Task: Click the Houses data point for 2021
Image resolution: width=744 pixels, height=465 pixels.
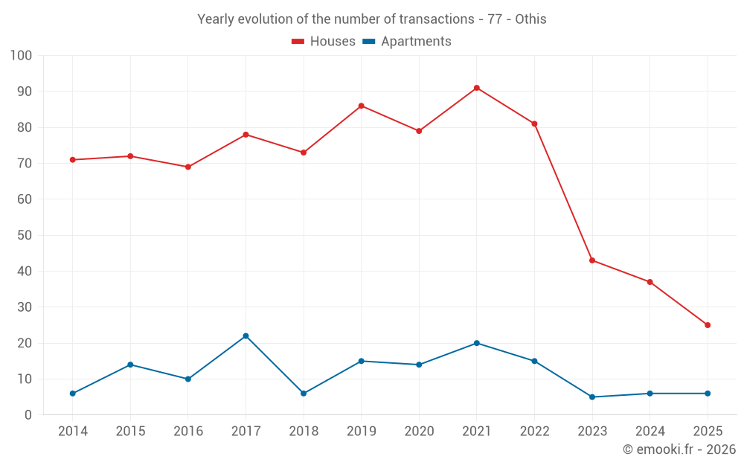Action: pyautogui.click(x=477, y=88)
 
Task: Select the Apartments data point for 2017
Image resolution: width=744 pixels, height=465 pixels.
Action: pyautogui.click(x=246, y=336)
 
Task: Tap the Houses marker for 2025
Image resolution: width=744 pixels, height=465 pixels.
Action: pyautogui.click(x=708, y=325)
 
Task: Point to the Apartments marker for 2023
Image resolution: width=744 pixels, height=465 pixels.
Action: pyautogui.click(x=592, y=397)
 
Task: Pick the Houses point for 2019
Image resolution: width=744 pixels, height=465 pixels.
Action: pyautogui.click(x=361, y=106)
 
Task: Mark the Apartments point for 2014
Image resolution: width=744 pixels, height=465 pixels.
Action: pyautogui.click(x=72, y=394)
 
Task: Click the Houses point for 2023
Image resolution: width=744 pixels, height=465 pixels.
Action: pyautogui.click(x=592, y=260)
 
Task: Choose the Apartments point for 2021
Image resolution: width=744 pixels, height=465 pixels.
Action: pyautogui.click(x=477, y=343)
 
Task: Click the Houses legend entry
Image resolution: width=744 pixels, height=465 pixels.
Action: pyautogui.click(x=323, y=42)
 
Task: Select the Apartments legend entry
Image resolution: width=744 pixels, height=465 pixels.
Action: pyautogui.click(x=407, y=42)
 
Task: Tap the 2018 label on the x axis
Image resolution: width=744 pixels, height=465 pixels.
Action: pyautogui.click(x=304, y=432)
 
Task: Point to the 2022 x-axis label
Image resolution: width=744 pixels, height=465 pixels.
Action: pyautogui.click(x=534, y=432)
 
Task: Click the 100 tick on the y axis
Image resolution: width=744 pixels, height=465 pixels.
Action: pyautogui.click(x=21, y=56)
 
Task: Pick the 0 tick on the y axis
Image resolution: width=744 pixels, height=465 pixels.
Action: pyautogui.click(x=28, y=415)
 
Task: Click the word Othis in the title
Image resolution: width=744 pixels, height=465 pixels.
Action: pyautogui.click(x=530, y=19)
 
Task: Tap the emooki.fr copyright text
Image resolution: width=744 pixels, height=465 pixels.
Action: pyautogui.click(x=679, y=449)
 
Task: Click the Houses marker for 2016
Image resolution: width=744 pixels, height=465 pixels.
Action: pyautogui.click(x=187, y=167)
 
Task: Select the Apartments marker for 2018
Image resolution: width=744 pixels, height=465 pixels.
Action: pyautogui.click(x=304, y=394)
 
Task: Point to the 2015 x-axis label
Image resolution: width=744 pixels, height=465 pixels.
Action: pyautogui.click(x=130, y=432)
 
